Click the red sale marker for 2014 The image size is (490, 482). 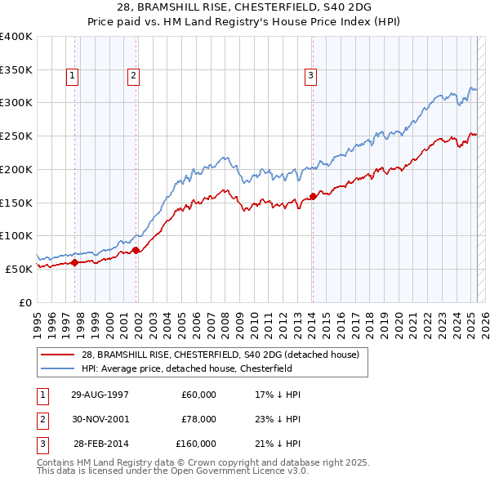(313, 196)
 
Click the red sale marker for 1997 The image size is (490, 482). (74, 262)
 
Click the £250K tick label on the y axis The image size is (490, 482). (16, 136)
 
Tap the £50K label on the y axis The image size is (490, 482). (19, 269)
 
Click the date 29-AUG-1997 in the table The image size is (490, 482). (100, 395)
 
